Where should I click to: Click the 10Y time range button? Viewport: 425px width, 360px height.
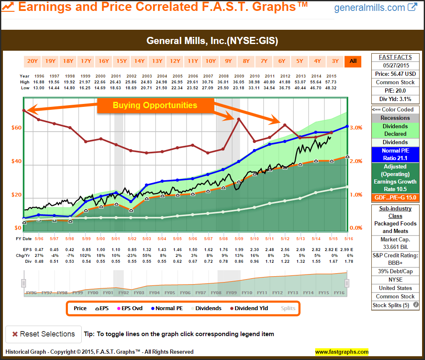pyautogui.click(x=210, y=61)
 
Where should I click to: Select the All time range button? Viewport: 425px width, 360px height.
pyautogui.click(x=353, y=61)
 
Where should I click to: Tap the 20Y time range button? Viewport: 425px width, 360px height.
pyautogui.click(x=32, y=61)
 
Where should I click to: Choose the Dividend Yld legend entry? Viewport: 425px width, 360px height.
pyautogui.click(x=249, y=308)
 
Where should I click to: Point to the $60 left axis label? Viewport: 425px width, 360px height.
pyautogui.click(x=16, y=128)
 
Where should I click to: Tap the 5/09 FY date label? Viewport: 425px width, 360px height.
pyautogui.click(x=239, y=239)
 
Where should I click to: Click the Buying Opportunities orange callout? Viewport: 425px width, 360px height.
pyautogui.click(x=155, y=105)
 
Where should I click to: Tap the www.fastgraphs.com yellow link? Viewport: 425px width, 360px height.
pyautogui.click(x=342, y=352)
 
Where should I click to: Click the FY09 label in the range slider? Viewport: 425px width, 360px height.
pyautogui.click(x=232, y=293)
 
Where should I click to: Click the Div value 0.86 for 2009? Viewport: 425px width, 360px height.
pyautogui.click(x=239, y=261)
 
